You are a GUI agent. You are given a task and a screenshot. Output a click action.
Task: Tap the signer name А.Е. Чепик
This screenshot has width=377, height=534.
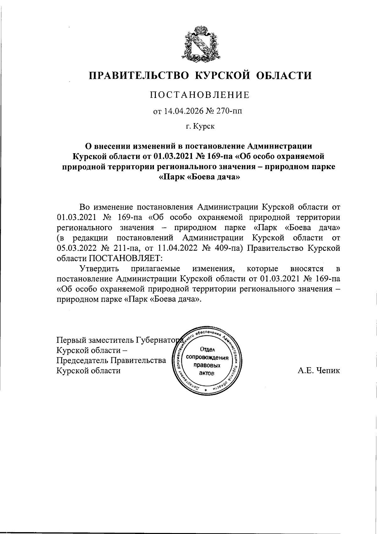[x=319, y=371]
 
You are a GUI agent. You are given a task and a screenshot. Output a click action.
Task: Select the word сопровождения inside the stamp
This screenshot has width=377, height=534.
[x=207, y=358]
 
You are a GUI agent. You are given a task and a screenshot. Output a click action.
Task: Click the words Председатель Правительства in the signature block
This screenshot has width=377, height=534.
[x=111, y=360]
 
